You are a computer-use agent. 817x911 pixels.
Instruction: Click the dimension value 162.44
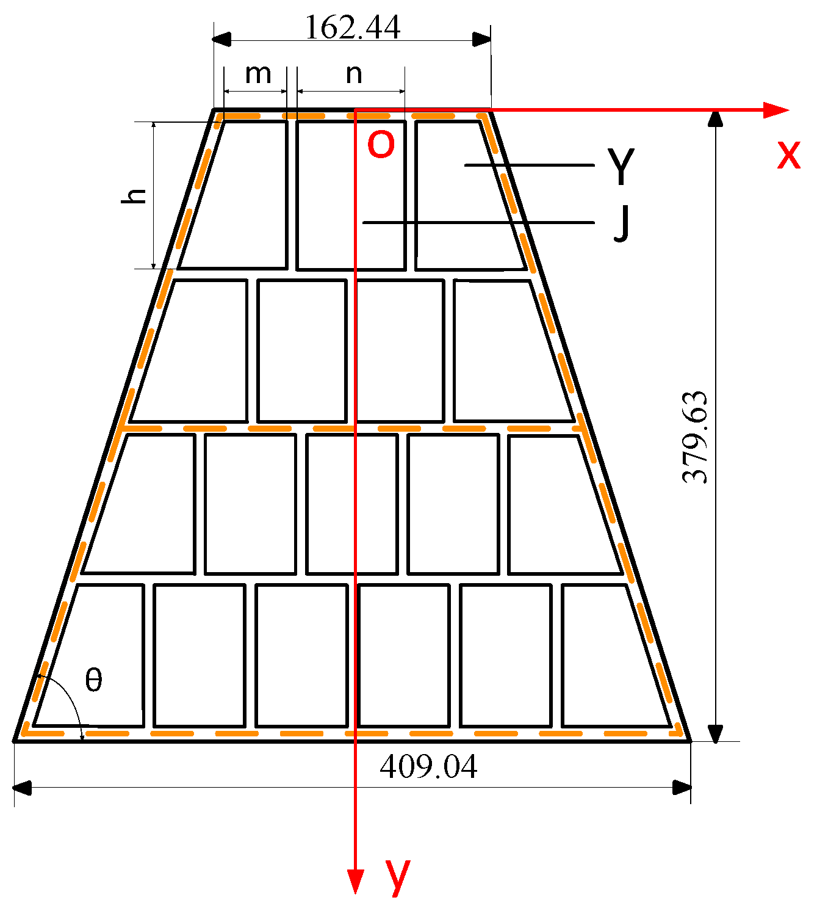coord(353,27)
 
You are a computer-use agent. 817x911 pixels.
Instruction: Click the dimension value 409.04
coord(428,767)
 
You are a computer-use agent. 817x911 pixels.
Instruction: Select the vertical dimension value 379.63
coord(696,437)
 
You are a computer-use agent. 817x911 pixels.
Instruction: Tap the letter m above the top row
coord(258,74)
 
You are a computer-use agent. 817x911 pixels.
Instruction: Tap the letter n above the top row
coord(354,74)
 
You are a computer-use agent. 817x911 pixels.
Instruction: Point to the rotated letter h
coord(135,195)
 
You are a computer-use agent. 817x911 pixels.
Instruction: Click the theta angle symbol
coord(93,680)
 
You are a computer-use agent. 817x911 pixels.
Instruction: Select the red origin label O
coord(381,145)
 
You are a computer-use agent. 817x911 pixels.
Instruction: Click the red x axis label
coord(788,155)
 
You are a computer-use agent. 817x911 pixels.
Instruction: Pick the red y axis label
coord(397,876)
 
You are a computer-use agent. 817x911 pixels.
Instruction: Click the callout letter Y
coord(621,167)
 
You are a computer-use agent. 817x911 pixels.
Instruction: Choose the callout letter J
coord(621,223)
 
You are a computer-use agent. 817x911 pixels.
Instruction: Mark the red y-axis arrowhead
coord(355,882)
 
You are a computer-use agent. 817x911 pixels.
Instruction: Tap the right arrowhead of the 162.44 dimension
coord(482,40)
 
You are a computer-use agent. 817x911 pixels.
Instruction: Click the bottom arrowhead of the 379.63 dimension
coord(716,733)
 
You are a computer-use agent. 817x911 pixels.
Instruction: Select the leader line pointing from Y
coord(530,165)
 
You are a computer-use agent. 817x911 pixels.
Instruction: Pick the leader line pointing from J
coord(478,223)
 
